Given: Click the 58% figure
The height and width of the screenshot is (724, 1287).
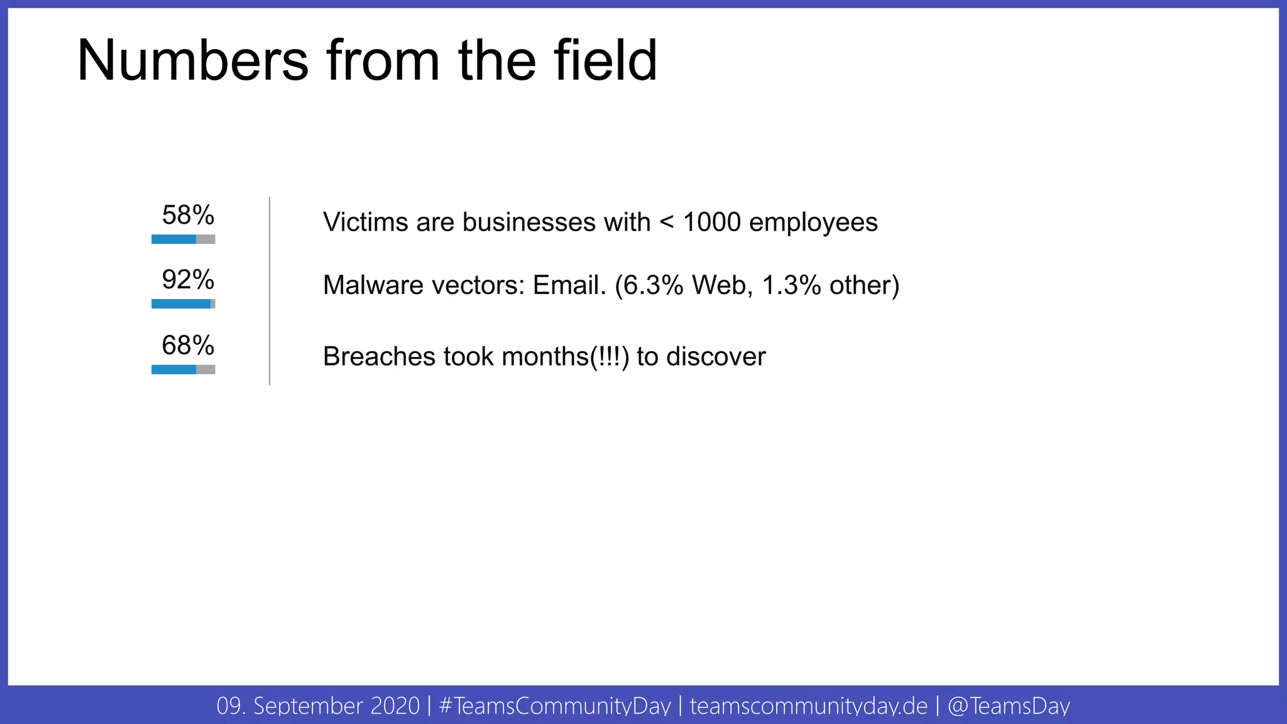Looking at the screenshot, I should coord(188,216).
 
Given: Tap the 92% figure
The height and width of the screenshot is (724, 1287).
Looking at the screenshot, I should coord(188,280).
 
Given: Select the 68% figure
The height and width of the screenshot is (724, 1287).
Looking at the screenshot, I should coord(188,345).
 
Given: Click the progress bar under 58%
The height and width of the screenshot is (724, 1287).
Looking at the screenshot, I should coord(183,239).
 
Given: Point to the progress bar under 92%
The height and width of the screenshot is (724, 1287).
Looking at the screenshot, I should coord(183,304).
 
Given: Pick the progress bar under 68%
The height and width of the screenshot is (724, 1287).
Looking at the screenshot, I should coord(183,370).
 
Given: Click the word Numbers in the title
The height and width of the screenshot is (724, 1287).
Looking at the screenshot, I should coord(192,61).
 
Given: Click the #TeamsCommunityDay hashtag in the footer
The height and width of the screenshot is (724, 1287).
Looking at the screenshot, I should coord(555,706).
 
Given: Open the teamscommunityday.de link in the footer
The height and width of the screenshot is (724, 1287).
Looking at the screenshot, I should coord(808,706).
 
